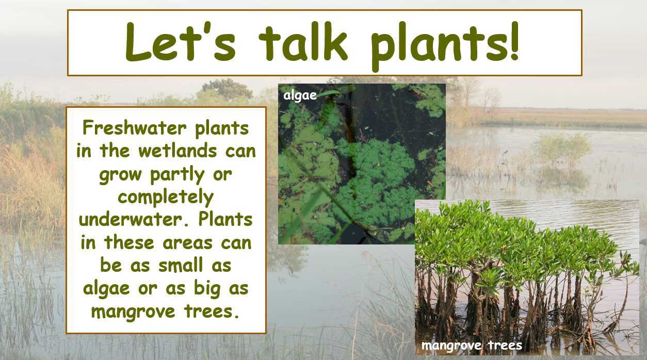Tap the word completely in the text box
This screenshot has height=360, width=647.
point(165,197)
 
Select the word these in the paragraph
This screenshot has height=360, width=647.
point(135,242)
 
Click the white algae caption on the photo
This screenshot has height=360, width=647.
point(300,96)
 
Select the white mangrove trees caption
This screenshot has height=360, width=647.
point(472,346)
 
